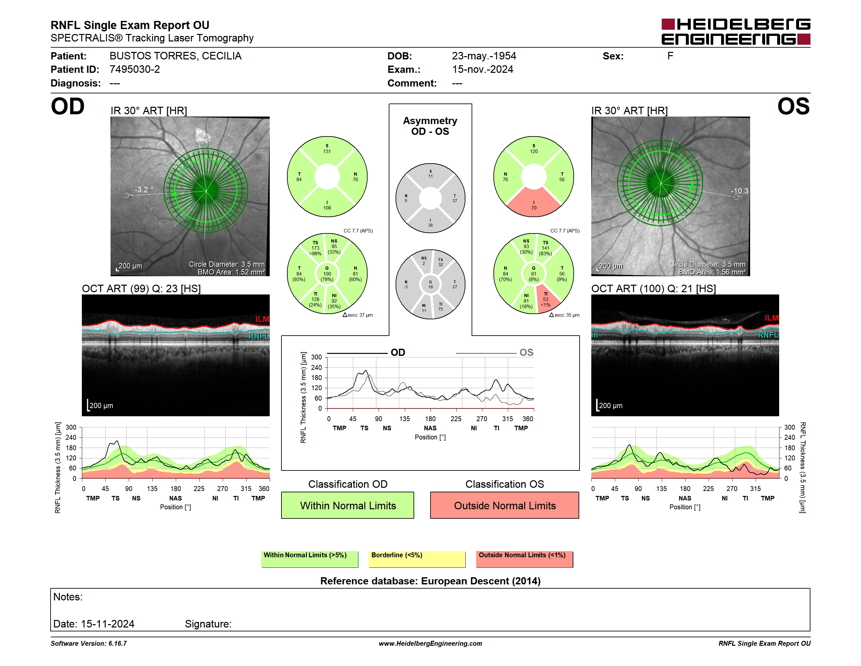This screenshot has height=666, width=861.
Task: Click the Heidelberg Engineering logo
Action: click(x=736, y=32)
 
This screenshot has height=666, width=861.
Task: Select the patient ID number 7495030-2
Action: click(x=135, y=70)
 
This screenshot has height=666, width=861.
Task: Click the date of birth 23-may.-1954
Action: click(x=484, y=56)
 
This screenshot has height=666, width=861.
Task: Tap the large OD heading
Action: click(x=68, y=106)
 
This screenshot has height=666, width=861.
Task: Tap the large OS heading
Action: click(x=793, y=106)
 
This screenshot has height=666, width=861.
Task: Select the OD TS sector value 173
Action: click(x=315, y=248)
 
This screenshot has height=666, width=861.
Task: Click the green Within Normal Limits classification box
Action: click(x=347, y=505)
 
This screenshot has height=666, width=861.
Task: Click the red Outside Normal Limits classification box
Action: click(x=505, y=505)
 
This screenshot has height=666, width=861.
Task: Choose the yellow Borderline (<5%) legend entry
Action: click(x=417, y=559)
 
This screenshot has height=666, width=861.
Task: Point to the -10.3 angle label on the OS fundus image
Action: click(x=739, y=191)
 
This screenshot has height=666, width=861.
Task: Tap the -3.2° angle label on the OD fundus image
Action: click(x=144, y=190)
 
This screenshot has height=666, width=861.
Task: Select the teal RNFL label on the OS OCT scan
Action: click(x=768, y=335)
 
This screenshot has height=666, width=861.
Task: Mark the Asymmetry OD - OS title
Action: click(x=430, y=126)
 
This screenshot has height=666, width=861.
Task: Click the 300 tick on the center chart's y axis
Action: click(x=317, y=357)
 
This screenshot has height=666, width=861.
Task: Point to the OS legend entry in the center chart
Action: click(x=526, y=352)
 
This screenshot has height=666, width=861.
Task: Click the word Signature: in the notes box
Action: click(x=208, y=624)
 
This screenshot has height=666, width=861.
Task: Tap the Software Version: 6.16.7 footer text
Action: click(x=89, y=643)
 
